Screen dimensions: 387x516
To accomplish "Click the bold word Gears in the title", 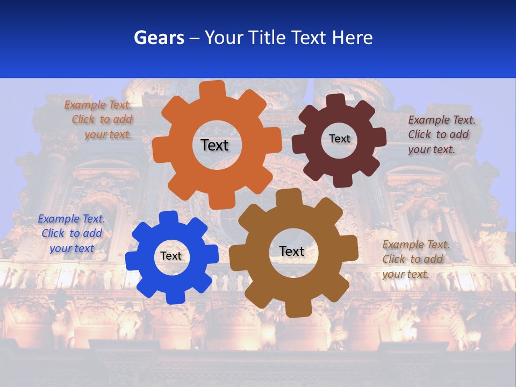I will [x=159, y=38].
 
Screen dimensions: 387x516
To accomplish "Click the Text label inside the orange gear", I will [x=214, y=145].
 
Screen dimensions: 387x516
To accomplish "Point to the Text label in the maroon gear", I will [x=339, y=139].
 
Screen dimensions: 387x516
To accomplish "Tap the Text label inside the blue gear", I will [x=171, y=256].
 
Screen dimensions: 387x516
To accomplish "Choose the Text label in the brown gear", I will [x=292, y=251].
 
